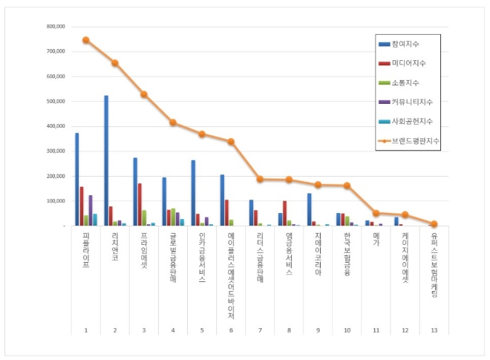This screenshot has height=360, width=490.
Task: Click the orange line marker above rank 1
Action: [86, 40]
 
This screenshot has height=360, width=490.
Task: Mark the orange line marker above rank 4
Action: [173, 122]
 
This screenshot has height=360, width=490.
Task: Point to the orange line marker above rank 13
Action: [434, 223]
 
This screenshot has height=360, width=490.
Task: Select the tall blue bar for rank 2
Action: [106, 160]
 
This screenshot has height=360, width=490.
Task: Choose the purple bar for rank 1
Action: [90, 210]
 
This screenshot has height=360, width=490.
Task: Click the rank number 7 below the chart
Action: [260, 330]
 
